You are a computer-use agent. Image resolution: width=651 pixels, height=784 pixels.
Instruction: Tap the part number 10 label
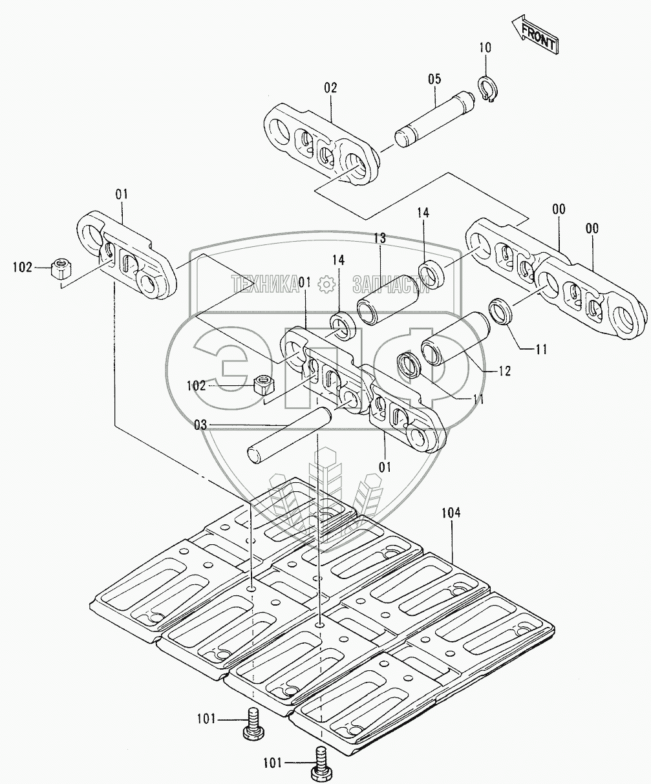click(486, 47)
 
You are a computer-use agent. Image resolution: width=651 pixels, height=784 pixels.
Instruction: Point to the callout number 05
click(434, 79)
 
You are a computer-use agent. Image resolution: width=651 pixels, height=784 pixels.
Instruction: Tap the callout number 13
click(379, 239)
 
